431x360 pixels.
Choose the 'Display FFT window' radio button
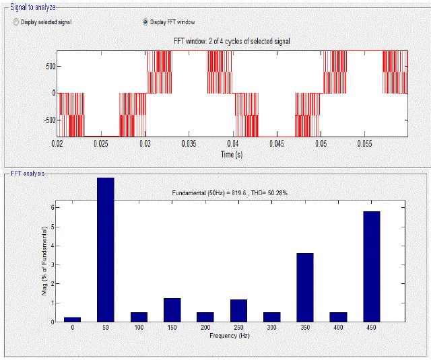point(145,22)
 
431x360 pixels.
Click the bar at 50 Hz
point(105,249)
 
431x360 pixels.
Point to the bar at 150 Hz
point(172,310)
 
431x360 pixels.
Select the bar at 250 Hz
point(238,310)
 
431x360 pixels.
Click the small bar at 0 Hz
point(72,319)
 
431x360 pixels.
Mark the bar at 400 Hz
point(338,317)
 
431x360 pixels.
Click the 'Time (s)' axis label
point(232,154)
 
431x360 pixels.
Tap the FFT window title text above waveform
point(232,42)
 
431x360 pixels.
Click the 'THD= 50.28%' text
point(273,193)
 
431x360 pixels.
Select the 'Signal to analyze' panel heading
point(33,7)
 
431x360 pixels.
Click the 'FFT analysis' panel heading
point(28,174)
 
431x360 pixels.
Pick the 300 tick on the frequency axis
point(271,327)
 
